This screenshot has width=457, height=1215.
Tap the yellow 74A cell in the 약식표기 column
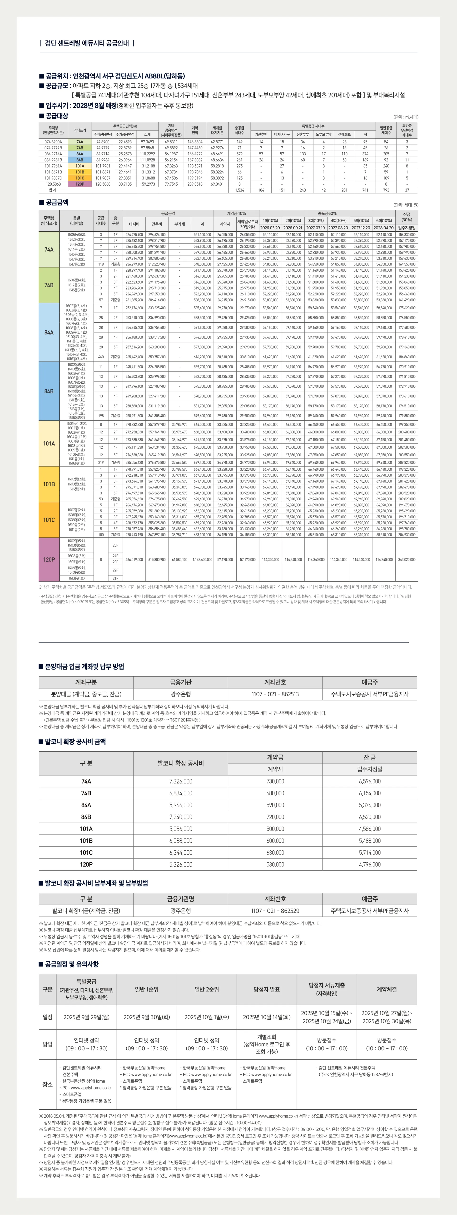pos(80,142)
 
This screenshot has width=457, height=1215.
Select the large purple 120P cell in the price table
pos(49,559)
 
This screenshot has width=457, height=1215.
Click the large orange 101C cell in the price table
pos(49,520)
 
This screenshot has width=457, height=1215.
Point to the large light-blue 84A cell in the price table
pos(49,332)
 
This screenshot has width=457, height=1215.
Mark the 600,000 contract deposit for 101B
pos(275,840)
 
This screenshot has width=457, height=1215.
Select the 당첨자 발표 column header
pos(267,989)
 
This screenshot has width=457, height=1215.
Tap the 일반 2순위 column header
pos(206,989)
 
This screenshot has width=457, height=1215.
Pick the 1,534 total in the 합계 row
pos(239,190)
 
